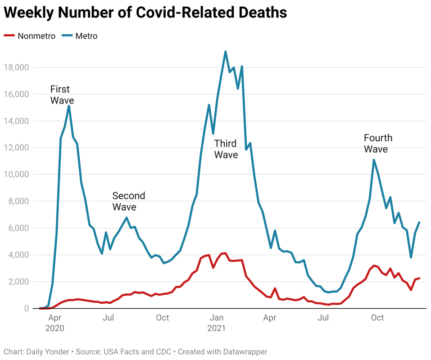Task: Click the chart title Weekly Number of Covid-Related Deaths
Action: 145,13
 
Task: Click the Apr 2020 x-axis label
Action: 54,323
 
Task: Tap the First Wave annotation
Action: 62,94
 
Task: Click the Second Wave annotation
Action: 128,201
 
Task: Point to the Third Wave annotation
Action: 226,149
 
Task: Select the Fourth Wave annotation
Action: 377,144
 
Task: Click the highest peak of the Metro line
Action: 225,52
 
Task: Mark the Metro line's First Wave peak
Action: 68,106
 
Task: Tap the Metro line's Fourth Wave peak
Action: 374,160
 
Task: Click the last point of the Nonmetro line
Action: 419,278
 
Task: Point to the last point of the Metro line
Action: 419,222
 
